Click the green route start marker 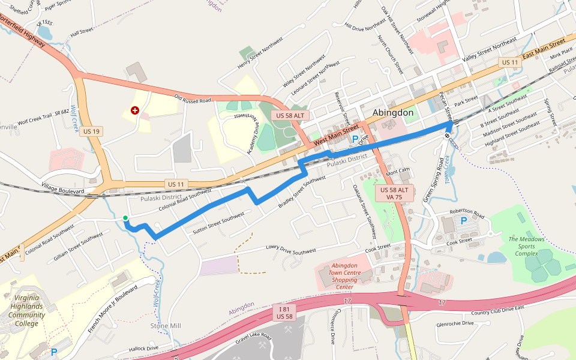(125, 218)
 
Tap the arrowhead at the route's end (450, 124)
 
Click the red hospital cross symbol (135, 110)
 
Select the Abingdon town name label (393, 113)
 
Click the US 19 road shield (92, 131)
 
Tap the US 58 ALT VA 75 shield (394, 193)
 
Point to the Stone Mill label (166, 326)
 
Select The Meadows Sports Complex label (527, 246)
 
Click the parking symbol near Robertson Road (463, 221)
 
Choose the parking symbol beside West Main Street (355, 139)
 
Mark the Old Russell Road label (193, 97)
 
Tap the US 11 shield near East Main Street (509, 62)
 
